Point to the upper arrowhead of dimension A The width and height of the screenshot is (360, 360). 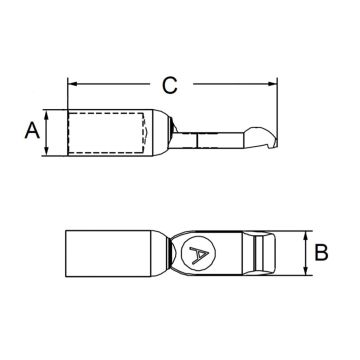pyautogui.click(x=48, y=113)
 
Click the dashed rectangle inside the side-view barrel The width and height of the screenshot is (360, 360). pyautogui.click(x=106, y=132)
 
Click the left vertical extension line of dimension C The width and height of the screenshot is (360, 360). pyautogui.click(x=67, y=95)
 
